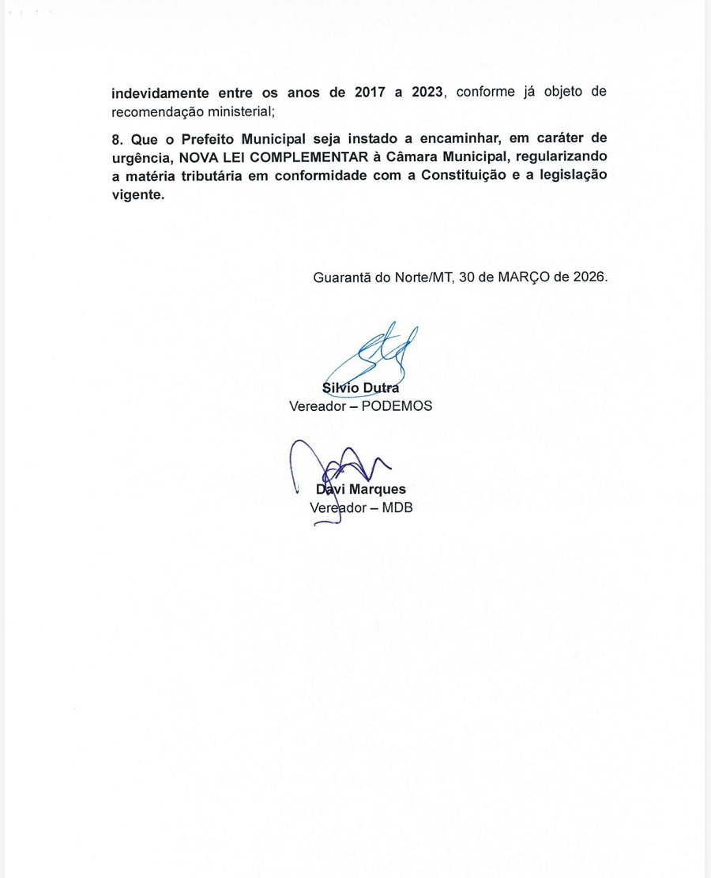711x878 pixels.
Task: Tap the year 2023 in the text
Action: [x=425, y=92]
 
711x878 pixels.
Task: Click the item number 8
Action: [x=115, y=138]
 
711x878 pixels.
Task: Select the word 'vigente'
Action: [x=137, y=194]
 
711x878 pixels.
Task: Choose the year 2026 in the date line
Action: [x=589, y=278]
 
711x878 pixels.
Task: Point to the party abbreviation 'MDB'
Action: [x=397, y=507]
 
